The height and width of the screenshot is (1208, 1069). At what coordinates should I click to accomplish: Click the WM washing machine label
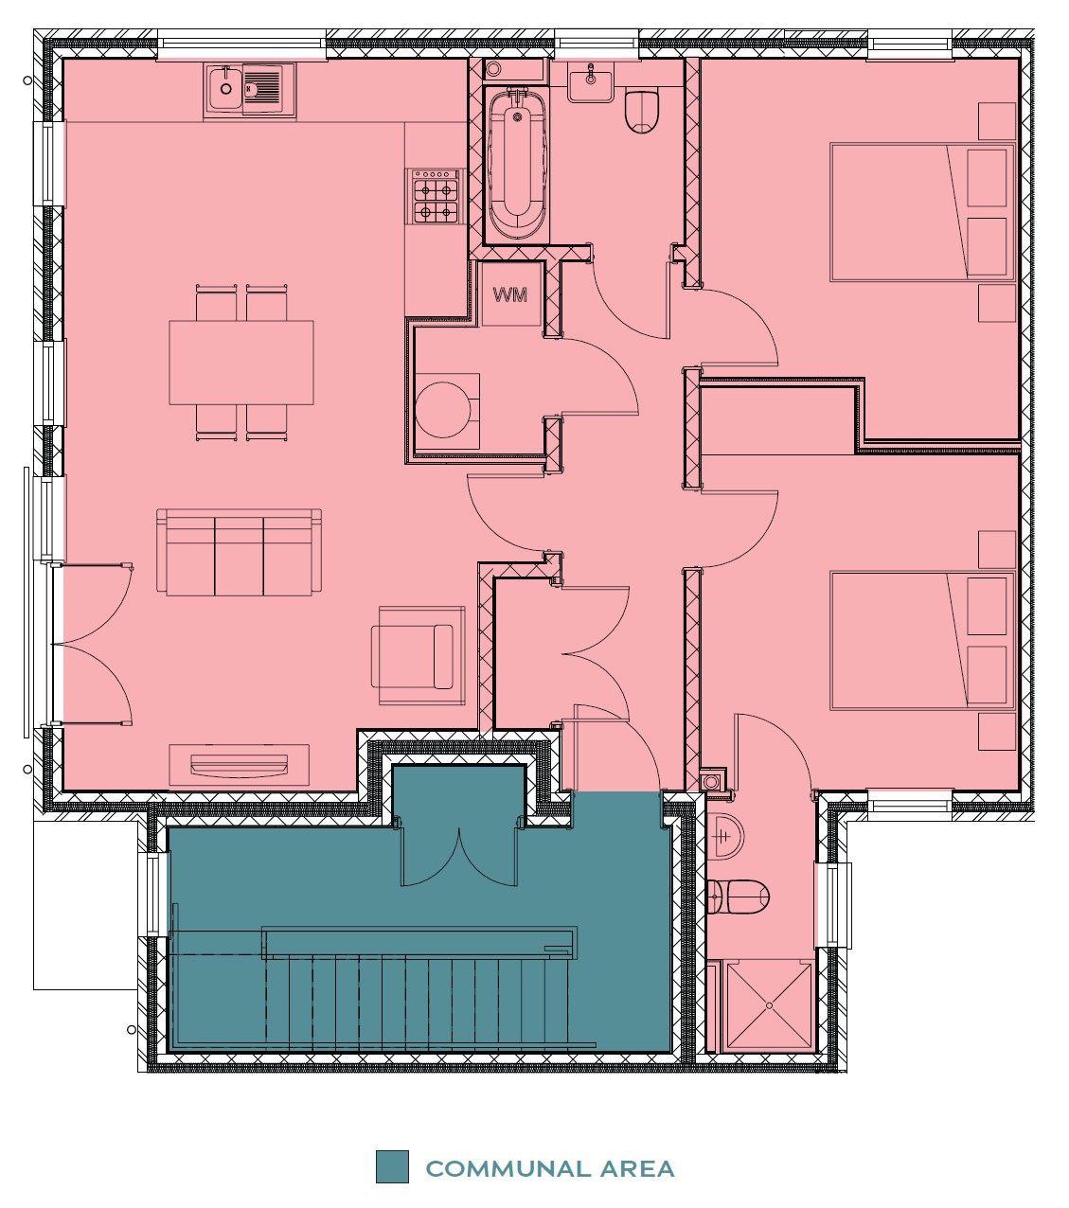510,294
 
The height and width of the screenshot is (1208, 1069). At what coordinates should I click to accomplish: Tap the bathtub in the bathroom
517,164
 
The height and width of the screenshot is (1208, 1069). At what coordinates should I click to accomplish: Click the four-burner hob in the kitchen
437,196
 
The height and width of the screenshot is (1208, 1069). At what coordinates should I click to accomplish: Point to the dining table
241,363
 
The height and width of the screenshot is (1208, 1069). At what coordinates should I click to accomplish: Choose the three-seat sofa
239,552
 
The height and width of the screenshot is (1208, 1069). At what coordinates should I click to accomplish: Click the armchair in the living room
419,656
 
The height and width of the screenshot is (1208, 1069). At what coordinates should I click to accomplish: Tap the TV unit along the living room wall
239,764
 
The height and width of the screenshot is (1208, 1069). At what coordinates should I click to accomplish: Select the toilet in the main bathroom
641,112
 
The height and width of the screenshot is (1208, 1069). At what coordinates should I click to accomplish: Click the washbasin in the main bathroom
591,85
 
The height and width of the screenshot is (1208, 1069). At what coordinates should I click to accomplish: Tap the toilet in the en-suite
738,896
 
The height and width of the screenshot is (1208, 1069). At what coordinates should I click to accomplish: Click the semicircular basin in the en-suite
724,837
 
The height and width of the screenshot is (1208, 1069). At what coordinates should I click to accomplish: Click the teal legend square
392,1166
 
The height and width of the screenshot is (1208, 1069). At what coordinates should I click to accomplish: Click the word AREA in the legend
637,1168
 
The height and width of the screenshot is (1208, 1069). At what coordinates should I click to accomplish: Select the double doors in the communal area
459,856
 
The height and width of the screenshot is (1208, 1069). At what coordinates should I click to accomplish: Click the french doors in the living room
93,644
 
